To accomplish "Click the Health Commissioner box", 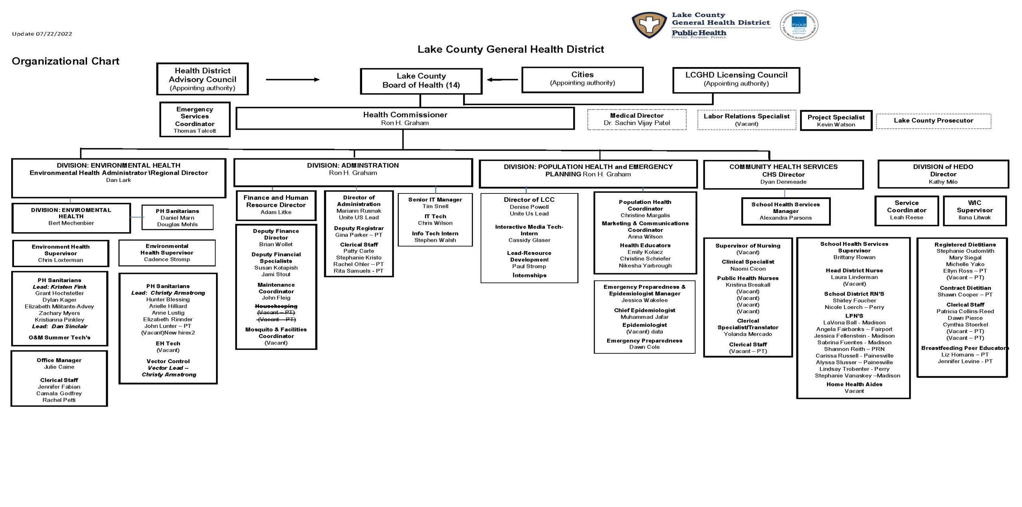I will click(405, 118).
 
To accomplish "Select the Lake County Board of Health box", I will click(421, 81).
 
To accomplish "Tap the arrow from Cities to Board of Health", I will click(502, 79).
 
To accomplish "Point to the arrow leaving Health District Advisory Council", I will click(293, 79).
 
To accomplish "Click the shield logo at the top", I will click(649, 25).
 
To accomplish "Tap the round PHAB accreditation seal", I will click(799, 25).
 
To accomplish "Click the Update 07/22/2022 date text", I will click(42, 34).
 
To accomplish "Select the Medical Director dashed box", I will click(636, 119).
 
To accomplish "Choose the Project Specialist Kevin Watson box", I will click(836, 120).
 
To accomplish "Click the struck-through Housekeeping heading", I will click(276, 306).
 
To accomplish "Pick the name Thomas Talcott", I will click(194, 131).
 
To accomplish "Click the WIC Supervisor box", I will click(974, 210).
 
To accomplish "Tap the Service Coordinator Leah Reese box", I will click(906, 210).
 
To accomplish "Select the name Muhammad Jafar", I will click(644, 317).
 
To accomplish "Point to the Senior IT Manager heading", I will click(435, 199).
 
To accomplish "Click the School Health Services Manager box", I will click(785, 211).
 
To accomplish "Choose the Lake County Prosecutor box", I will click(933, 121).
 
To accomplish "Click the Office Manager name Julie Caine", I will click(59, 367).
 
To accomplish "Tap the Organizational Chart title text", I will click(65, 61).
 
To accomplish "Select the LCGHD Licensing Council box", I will click(736, 79).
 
